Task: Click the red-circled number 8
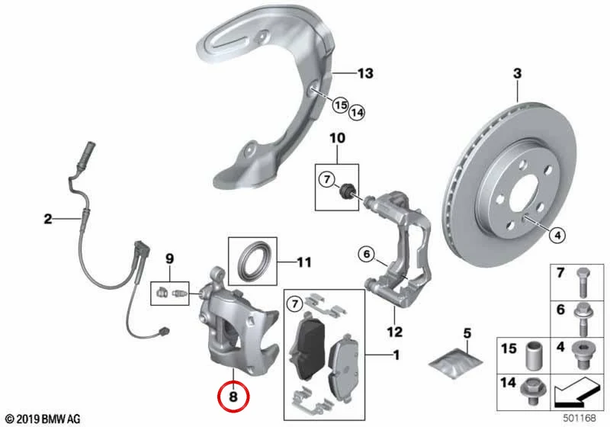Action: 233,396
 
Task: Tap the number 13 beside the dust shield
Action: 365,73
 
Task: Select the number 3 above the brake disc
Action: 517,73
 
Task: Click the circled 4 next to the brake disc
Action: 557,235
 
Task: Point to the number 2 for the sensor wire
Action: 47,219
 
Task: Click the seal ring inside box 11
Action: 252,261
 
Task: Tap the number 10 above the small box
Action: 337,138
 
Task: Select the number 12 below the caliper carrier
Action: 394,332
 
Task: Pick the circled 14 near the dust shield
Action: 357,113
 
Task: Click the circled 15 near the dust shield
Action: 340,105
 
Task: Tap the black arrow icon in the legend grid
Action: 576,393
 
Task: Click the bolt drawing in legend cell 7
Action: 583,283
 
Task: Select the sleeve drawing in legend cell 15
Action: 534,356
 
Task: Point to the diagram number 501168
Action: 579,418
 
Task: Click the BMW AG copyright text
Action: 43,419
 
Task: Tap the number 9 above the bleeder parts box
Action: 169,258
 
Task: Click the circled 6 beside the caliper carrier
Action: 367,255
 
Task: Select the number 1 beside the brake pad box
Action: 396,355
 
